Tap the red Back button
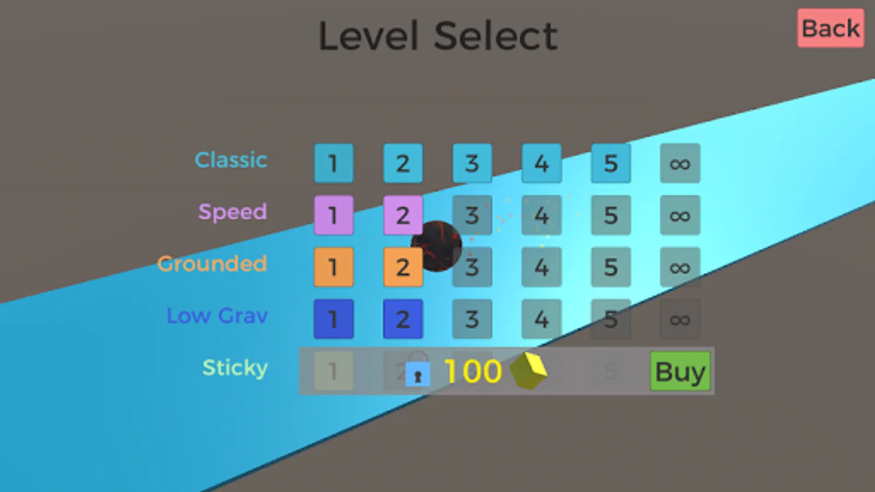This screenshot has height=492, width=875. tap(830, 28)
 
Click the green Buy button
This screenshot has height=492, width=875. tap(680, 372)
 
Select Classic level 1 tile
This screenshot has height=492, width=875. tap(334, 163)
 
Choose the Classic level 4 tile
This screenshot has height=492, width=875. tap(541, 163)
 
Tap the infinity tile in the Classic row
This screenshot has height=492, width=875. tap(680, 163)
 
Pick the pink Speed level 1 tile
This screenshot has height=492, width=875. tap(334, 215)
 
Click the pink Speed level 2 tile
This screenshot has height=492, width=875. tap(402, 215)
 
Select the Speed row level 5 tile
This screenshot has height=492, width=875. tap(611, 215)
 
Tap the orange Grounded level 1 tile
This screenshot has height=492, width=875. tap(334, 267)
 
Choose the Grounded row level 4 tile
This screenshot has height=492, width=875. tap(541, 267)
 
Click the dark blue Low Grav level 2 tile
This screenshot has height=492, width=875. tap(402, 319)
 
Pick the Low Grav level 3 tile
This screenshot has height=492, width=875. tap(472, 319)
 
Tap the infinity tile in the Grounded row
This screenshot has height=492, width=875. tap(680, 267)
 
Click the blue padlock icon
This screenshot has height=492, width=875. tap(418, 374)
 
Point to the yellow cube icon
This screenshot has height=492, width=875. tap(529, 371)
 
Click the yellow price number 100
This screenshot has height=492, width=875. tap(472, 372)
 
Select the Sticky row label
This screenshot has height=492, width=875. tap(235, 368)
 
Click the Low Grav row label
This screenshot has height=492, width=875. tap(217, 316)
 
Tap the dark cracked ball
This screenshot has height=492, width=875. tap(436, 246)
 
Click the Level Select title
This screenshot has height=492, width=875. tap(437, 36)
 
